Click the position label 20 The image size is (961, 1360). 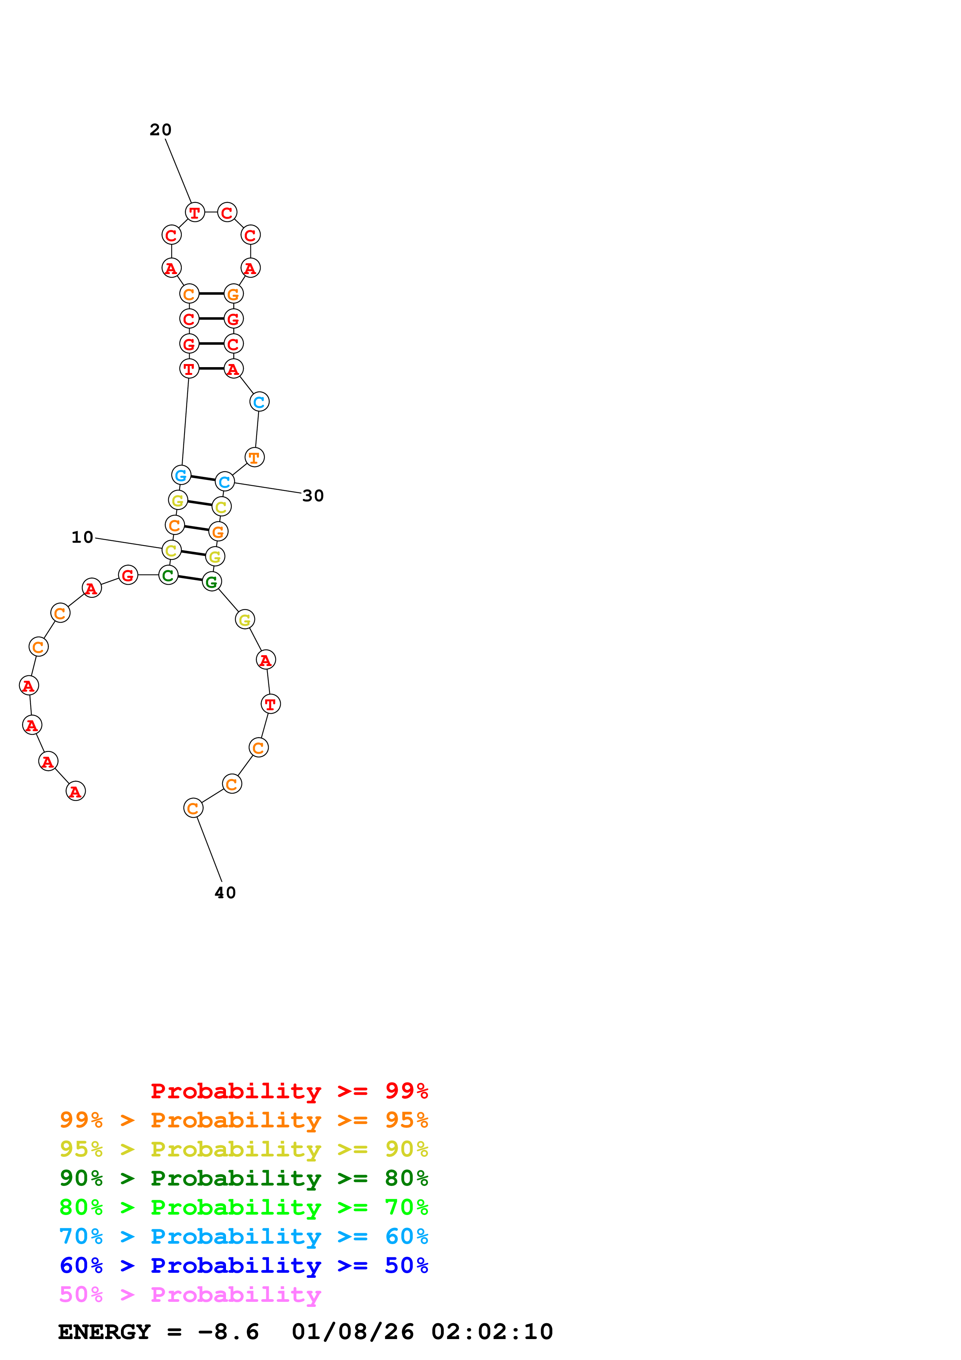(x=160, y=130)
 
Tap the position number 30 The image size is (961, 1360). (x=312, y=496)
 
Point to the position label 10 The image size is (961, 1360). (x=82, y=537)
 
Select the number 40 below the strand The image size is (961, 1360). (x=225, y=893)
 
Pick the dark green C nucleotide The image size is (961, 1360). (x=168, y=575)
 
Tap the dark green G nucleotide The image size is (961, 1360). (x=211, y=582)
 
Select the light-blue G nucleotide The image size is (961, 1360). (x=181, y=475)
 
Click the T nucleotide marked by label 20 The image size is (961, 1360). (x=195, y=212)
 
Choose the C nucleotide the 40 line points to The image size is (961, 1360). (x=193, y=808)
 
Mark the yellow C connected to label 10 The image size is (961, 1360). (x=171, y=550)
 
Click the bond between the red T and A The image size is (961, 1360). (x=211, y=368)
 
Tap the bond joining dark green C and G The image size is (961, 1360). (x=190, y=578)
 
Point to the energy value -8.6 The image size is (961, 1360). (x=228, y=1332)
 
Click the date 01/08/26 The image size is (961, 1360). (x=353, y=1332)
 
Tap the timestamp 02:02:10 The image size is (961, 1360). (x=492, y=1332)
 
